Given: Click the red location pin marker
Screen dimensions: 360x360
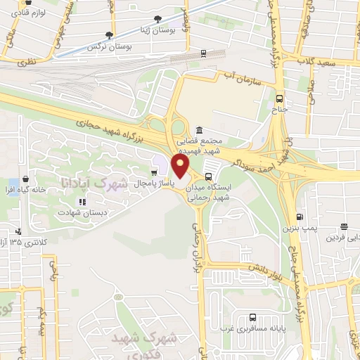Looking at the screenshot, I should click(181, 167).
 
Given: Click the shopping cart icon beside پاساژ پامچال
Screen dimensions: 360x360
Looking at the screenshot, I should click(155, 171).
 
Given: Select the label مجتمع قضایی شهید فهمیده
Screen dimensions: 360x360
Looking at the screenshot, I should click(199, 146).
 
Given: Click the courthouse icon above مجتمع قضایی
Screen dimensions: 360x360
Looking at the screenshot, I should click(199, 131).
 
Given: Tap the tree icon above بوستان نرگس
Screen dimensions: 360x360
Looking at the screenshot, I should click(109, 34).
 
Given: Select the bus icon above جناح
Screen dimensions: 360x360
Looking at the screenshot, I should click(280, 99).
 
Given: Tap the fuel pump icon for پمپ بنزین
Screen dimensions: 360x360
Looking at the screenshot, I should click(300, 217).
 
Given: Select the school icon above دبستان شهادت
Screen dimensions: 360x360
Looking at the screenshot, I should click(82, 202).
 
